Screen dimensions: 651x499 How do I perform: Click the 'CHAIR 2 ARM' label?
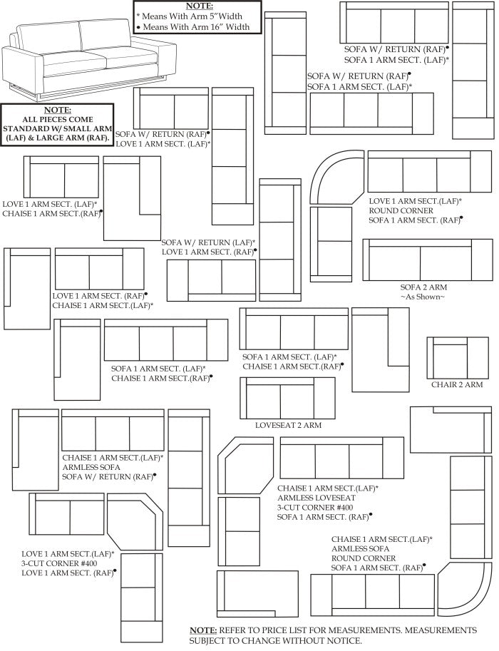457,385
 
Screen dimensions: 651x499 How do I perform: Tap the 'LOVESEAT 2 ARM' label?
288,425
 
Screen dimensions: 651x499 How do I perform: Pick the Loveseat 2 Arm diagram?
287,398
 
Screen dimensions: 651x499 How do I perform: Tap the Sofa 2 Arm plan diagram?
427,260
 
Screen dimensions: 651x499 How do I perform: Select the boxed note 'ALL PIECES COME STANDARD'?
57,125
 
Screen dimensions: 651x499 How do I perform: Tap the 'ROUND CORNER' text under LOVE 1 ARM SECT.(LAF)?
401,211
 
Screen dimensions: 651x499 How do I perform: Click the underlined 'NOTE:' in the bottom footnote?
203,630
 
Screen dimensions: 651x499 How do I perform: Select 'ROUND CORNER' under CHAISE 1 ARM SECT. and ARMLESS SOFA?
364,558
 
